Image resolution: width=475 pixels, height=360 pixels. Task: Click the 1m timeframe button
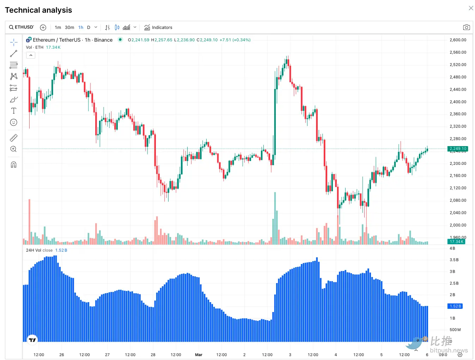pos(58,28)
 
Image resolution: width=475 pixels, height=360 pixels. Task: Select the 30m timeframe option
pos(69,28)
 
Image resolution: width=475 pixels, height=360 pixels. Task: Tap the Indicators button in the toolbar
pos(158,28)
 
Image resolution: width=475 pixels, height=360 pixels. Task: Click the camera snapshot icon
pos(466,28)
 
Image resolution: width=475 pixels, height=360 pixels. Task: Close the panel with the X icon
pos(471,8)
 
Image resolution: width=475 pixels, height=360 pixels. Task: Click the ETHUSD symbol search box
pos(22,27)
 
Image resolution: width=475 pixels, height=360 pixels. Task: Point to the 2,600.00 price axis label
pos(458,40)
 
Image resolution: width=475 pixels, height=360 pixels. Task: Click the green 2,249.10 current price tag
pos(458,149)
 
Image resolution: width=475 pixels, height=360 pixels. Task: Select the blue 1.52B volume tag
pos(455,306)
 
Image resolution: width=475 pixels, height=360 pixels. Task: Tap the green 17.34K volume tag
pos(456,241)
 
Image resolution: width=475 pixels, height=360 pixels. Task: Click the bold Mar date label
pos(199,355)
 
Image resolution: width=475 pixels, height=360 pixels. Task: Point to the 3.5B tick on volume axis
pos(454,260)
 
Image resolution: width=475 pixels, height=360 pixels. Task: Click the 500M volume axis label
pos(455,330)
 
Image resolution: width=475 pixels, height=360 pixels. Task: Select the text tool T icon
pos(14,111)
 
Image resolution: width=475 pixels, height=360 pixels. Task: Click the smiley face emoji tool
pos(14,122)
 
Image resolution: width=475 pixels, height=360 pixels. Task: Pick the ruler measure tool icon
pos(14,138)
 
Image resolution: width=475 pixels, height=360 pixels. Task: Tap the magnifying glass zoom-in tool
pos(14,149)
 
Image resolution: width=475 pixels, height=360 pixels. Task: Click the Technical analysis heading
pos(38,10)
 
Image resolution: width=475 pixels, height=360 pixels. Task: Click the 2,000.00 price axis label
pos(458,225)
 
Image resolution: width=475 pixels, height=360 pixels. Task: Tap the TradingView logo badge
pos(32,340)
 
